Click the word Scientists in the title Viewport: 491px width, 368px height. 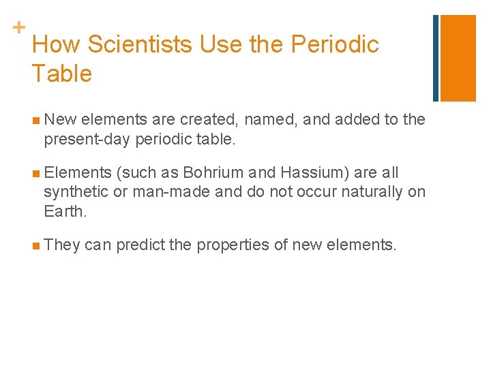click(140, 45)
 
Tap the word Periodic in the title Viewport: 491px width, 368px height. click(335, 45)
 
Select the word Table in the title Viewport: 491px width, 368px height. click(61, 74)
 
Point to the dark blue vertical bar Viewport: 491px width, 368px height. click(436, 58)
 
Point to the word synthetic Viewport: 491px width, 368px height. click(76, 191)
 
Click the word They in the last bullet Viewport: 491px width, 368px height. click(62, 245)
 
